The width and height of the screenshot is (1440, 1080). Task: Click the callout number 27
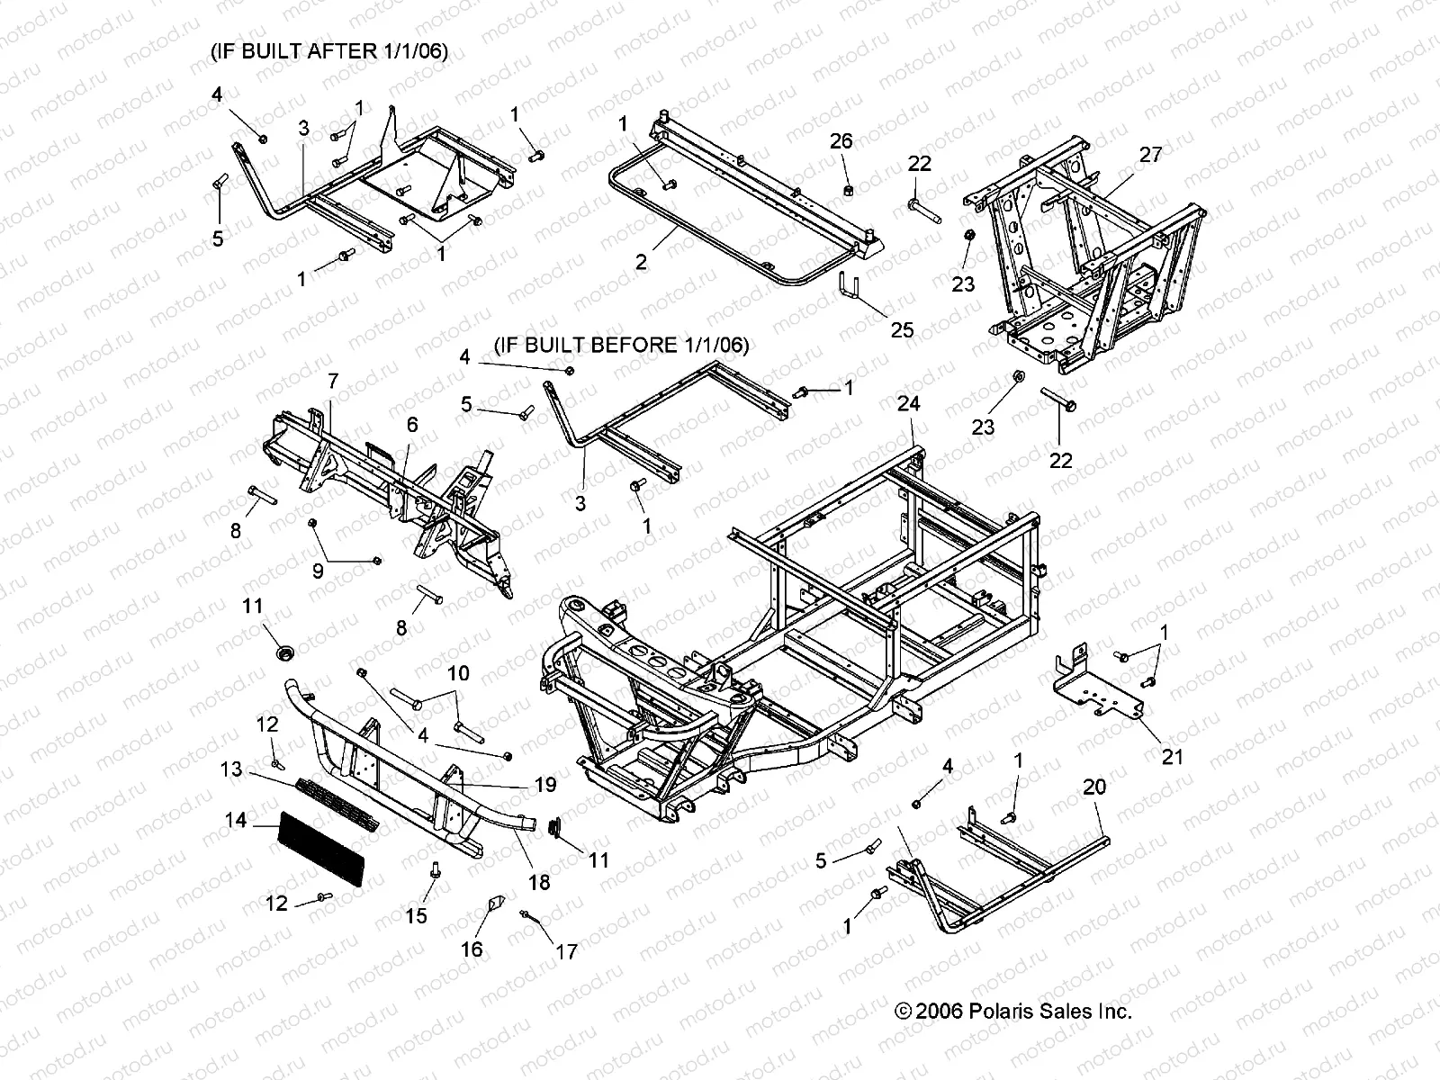[1151, 154]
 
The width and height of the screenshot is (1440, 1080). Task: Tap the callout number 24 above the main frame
[909, 403]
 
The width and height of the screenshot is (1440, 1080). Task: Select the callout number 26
[841, 141]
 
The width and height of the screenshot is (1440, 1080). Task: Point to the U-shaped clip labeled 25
[850, 286]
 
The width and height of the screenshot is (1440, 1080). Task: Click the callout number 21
[1172, 757]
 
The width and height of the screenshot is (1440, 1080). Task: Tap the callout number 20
[1094, 787]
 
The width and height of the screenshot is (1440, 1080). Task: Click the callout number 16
[472, 949]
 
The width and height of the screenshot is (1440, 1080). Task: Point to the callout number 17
[567, 952]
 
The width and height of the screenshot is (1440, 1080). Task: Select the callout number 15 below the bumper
[416, 915]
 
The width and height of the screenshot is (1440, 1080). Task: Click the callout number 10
[459, 673]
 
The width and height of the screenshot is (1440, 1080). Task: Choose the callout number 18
[539, 883]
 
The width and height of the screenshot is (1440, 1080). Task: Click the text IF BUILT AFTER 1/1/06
[329, 50]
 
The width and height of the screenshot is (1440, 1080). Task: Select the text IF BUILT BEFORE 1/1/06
[621, 345]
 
